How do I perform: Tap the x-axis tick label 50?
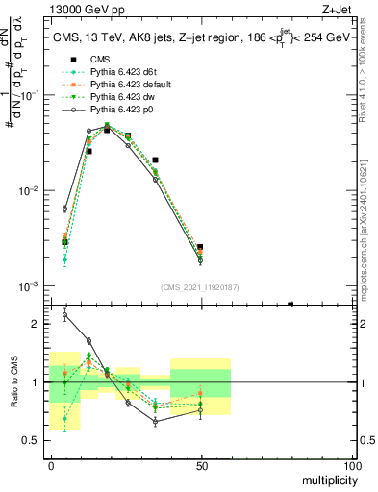(202, 465)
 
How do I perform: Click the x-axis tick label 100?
(352, 465)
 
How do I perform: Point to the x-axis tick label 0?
(51, 465)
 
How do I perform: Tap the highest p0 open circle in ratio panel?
(64, 314)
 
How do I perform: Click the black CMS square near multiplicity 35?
(155, 160)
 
